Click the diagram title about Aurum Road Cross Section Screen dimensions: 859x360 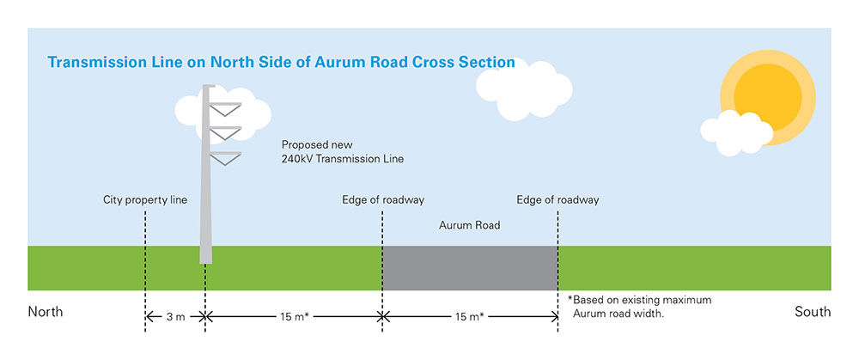click(281, 62)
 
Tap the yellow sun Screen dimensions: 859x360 click(767, 97)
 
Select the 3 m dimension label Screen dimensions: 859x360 click(175, 317)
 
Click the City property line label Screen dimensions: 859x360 click(145, 200)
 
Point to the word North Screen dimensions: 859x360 click(46, 312)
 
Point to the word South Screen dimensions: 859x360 click(813, 312)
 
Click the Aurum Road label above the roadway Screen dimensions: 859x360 click(470, 225)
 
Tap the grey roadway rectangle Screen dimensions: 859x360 click(470, 268)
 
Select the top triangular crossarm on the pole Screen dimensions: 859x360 click(225, 109)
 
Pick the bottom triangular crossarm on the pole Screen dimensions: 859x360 click(225, 158)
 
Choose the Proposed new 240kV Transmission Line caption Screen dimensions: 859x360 click(343, 152)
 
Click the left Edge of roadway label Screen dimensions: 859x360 click(383, 200)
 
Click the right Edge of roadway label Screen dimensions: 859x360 click(557, 200)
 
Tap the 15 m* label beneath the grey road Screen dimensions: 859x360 click(470, 317)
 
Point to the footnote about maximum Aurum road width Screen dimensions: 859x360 click(639, 308)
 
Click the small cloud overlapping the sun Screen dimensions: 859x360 click(736, 133)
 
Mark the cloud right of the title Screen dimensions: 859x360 click(524, 90)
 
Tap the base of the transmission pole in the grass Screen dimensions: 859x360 click(205, 255)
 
